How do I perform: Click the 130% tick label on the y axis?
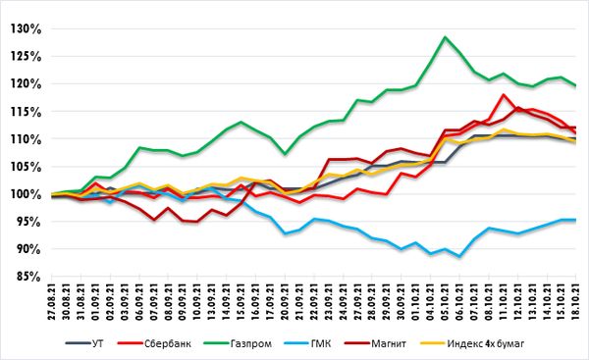coord(26,28)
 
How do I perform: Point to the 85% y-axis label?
coord(28,277)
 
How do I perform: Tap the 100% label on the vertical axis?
coord(26,194)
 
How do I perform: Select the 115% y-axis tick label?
coord(26,112)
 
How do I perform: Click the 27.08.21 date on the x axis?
coord(52,302)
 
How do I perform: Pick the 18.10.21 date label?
coord(576,302)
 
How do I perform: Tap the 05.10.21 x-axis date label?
coord(445,302)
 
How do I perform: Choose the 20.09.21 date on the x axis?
coord(285,302)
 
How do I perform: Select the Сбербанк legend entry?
coord(154,343)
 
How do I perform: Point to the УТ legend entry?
coord(84,343)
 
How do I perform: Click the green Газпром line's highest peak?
coord(445,37)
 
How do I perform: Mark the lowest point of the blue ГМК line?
coord(459,257)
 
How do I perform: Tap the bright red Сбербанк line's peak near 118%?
coord(503,94)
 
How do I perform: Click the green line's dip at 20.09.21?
coord(285,154)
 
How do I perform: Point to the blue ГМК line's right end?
coord(576,220)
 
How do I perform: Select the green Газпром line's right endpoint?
coord(576,86)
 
